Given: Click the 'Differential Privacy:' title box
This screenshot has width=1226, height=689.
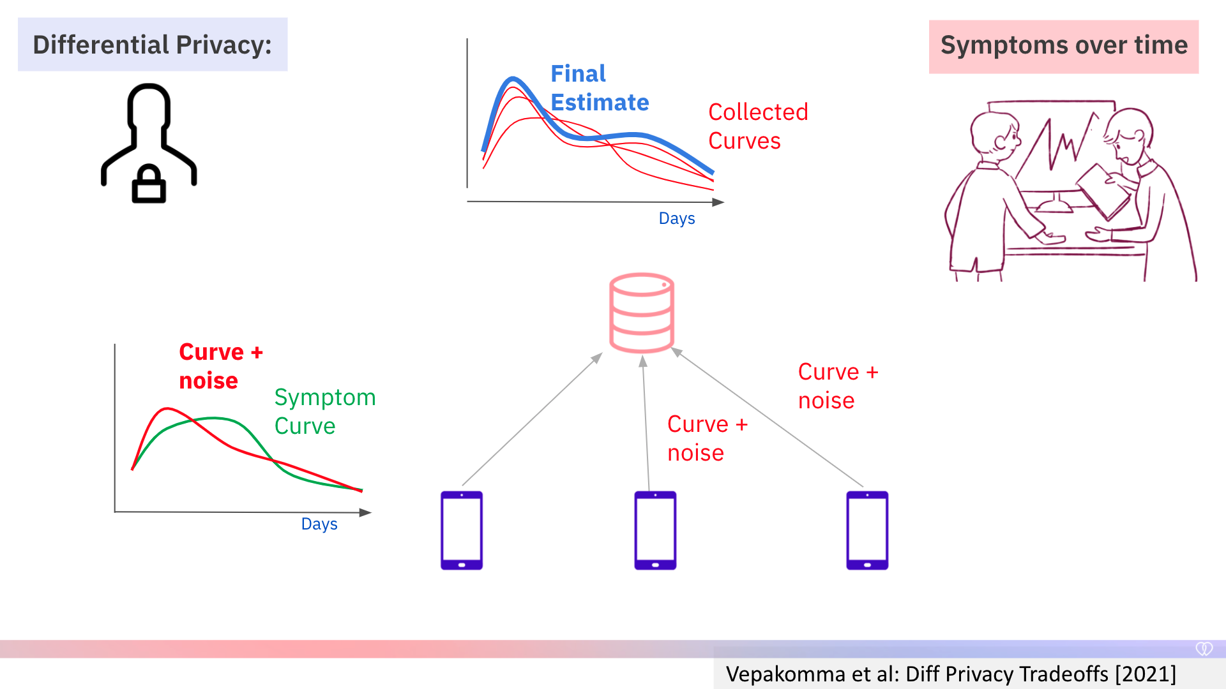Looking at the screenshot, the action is coord(153,45).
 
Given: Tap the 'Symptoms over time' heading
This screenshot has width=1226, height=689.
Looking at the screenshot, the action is coord(1064,46).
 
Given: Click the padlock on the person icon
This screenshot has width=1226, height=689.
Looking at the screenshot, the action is coord(149,184).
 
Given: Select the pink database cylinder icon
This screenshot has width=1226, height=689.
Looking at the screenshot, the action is coord(642,313).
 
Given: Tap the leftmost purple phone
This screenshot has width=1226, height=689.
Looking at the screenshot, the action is coord(462,530).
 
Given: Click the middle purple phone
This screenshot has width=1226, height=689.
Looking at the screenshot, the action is coord(655,530).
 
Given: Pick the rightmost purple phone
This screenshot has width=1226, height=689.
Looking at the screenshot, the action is coord(867,530).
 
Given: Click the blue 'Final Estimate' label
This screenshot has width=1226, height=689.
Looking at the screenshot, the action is coord(600,88).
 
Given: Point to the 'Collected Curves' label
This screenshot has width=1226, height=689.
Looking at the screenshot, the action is coord(758,126).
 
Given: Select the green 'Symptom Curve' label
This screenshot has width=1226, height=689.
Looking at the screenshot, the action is coord(325,411).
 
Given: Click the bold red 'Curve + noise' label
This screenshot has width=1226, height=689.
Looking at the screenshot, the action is coord(221,366).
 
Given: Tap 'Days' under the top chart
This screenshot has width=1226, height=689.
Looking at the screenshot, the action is coord(677,218).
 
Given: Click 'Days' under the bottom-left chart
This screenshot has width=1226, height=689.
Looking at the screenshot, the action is coord(319,524).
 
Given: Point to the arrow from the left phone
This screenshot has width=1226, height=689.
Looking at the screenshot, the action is coord(533,419).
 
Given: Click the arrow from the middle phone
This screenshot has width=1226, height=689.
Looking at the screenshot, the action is coord(646,424).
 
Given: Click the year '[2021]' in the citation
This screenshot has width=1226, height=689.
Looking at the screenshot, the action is coord(1146,674).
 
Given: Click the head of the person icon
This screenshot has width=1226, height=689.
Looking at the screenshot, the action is coord(149,105).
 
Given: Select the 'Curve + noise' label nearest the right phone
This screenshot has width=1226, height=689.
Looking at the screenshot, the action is coord(838,386).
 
